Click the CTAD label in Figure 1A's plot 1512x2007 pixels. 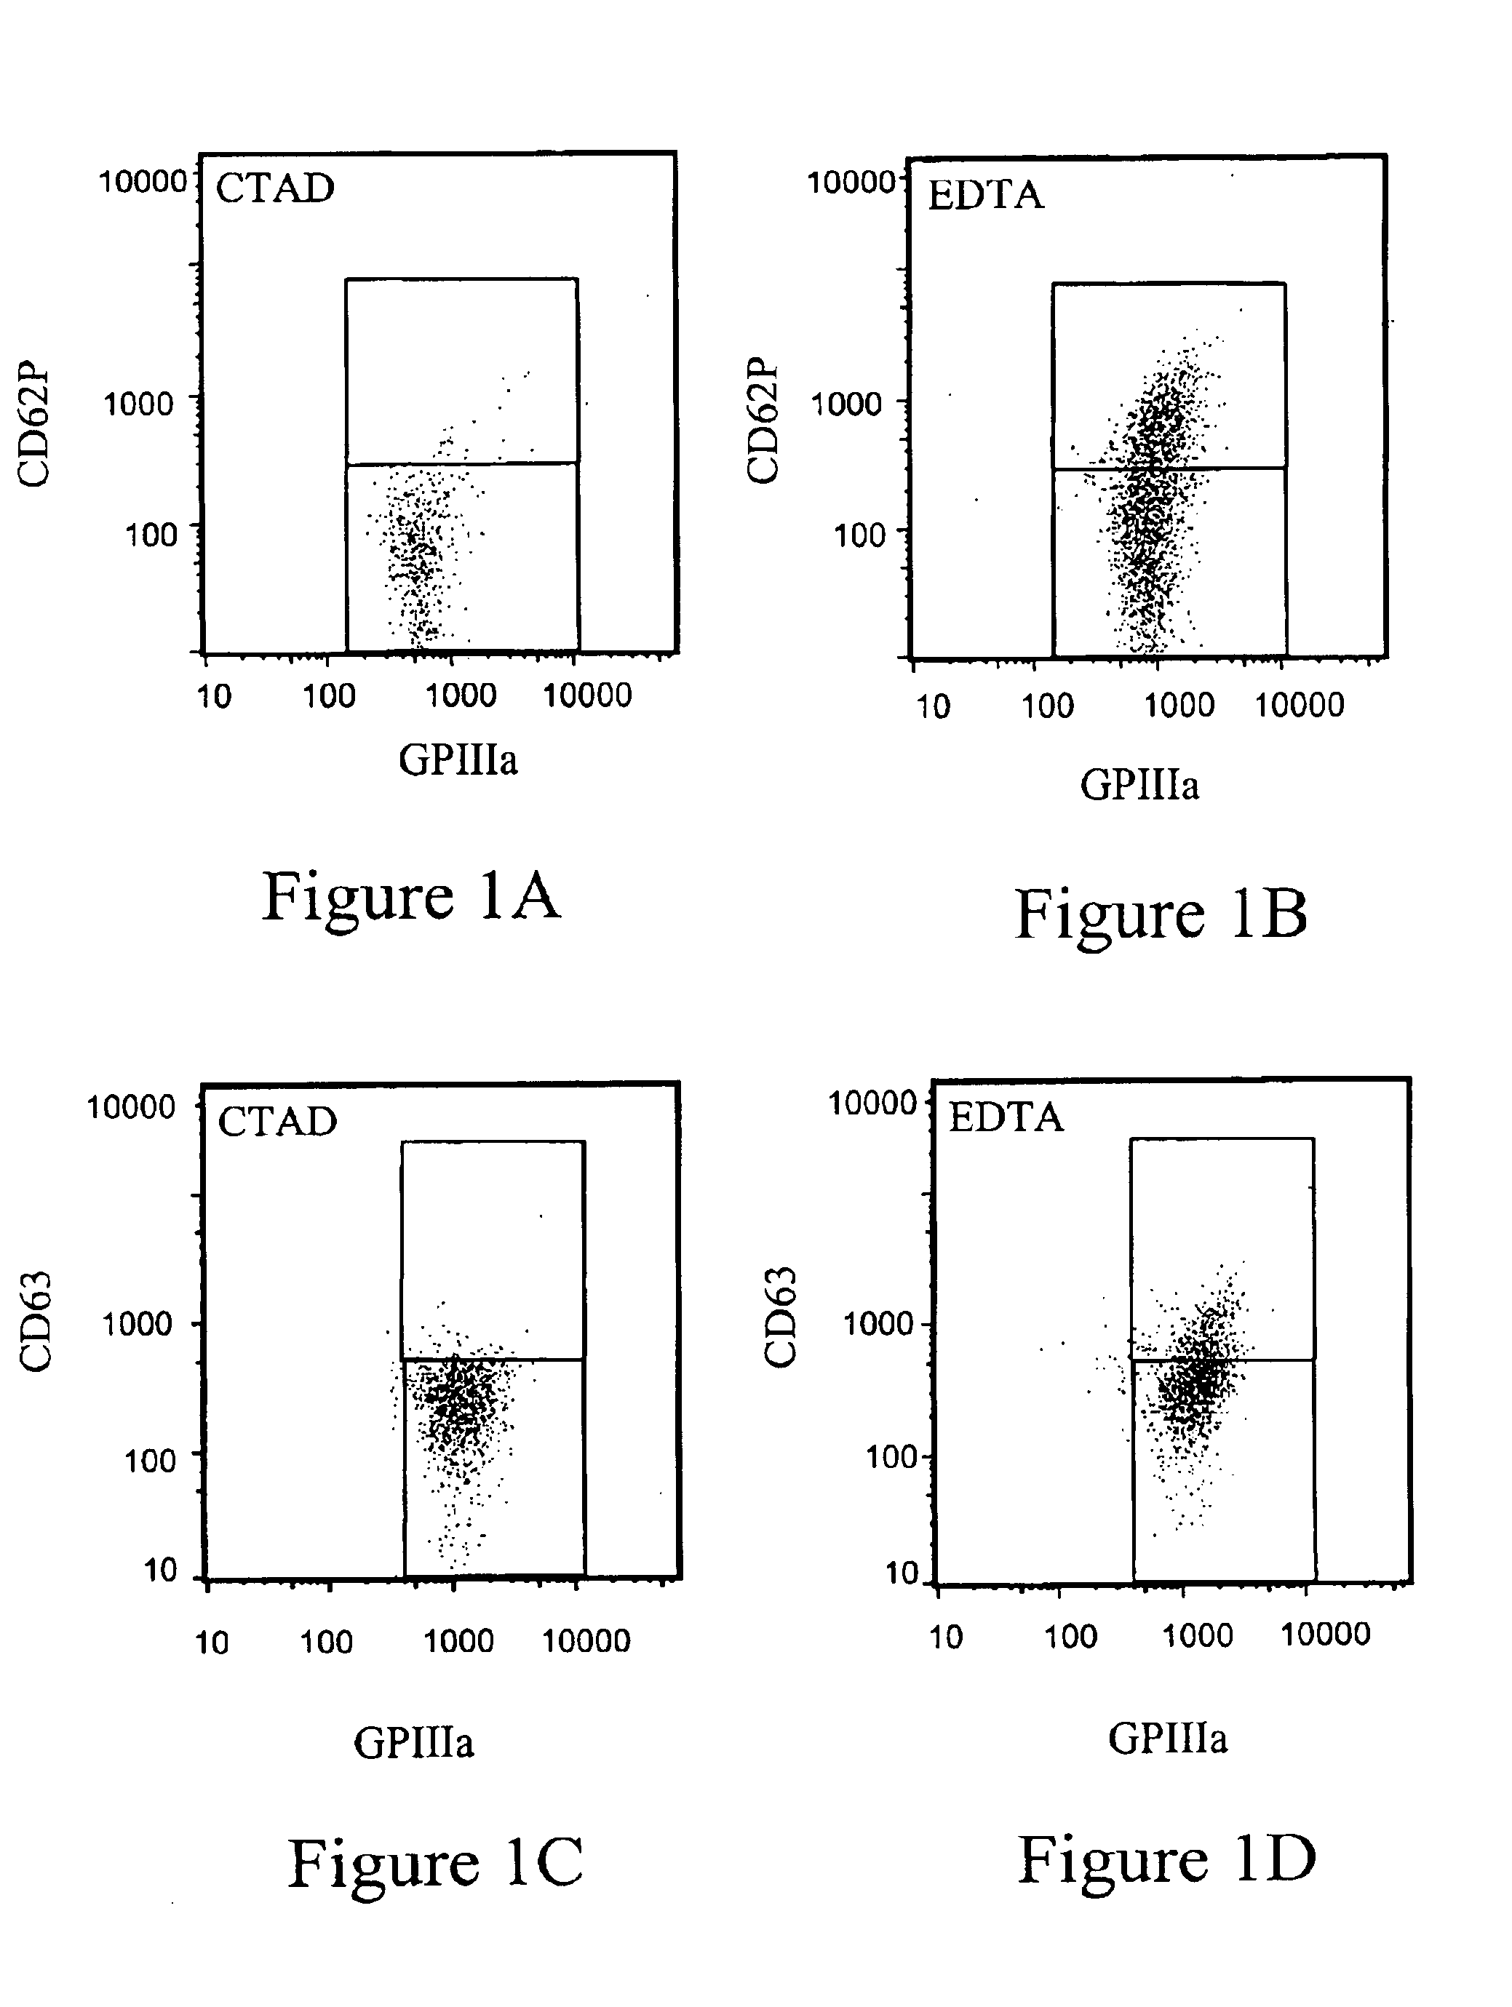click(x=275, y=188)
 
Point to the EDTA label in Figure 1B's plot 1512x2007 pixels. click(x=986, y=195)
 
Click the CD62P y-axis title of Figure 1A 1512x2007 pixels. click(x=34, y=426)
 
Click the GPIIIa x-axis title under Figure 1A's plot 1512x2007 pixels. click(x=458, y=759)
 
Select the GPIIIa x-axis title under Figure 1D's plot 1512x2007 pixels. click(x=1167, y=1739)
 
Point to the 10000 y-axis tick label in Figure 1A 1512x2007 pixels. click(x=142, y=181)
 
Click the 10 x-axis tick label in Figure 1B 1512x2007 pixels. click(x=933, y=706)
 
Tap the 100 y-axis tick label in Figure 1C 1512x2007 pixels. click(x=150, y=1461)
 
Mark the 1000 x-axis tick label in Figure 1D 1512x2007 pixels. click(x=1197, y=1636)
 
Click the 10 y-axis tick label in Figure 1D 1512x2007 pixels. click(x=903, y=1573)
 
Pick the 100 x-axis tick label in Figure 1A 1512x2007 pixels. click(x=329, y=697)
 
